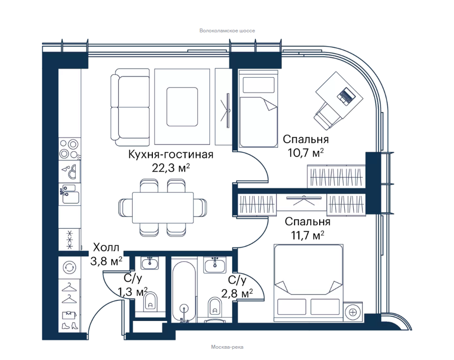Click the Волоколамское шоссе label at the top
pos(227,31)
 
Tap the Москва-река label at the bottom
pos(227,347)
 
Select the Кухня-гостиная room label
pos(170,154)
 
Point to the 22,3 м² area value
pos(171,168)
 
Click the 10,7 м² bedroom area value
pos(305,153)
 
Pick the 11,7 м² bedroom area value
pos(307,235)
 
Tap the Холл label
pos(106,248)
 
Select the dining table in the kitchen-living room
pos(163,207)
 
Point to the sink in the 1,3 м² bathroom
pos(150,263)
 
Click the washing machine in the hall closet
pos(70,267)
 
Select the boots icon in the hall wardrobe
pos(70,326)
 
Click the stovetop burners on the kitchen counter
pos(69,149)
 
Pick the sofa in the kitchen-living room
pos(130,107)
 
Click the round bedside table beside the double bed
pos(353,312)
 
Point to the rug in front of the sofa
pos(182,106)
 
